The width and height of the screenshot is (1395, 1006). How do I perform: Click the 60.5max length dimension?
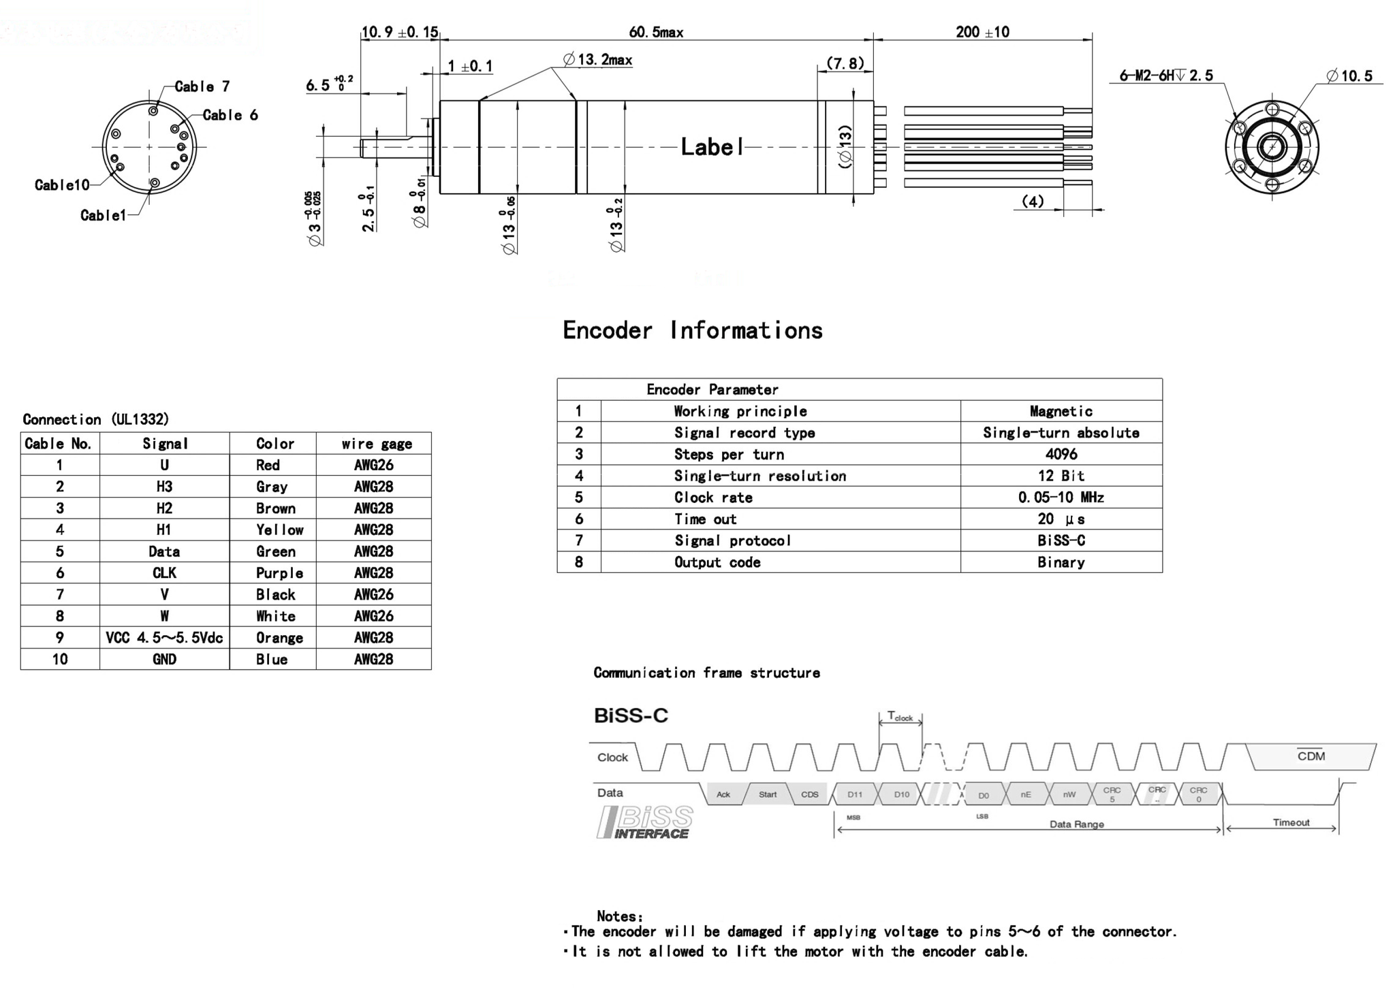click(655, 32)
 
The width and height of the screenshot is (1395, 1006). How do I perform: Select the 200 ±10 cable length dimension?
click(982, 32)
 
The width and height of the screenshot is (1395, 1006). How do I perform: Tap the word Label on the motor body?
click(712, 147)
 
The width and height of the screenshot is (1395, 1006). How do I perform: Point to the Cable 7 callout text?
click(202, 86)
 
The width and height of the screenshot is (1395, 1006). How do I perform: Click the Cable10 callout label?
click(62, 185)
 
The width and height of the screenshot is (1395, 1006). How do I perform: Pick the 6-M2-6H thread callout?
click(1165, 76)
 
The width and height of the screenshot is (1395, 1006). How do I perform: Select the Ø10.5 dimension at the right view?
click(1349, 76)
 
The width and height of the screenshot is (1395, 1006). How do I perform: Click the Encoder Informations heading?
click(692, 331)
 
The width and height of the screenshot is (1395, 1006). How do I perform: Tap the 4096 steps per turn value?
click(1061, 454)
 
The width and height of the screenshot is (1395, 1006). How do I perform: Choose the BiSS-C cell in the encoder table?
click(1061, 540)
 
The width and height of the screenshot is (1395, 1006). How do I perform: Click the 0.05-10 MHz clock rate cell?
click(1061, 498)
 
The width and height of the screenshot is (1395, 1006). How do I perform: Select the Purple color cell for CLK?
click(279, 573)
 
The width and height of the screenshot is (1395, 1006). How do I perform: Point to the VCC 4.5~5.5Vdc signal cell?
click(164, 638)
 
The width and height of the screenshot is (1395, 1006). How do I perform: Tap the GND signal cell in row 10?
click(164, 660)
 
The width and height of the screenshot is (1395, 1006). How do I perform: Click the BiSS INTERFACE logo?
click(645, 822)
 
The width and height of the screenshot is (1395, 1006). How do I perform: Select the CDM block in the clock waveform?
click(1310, 756)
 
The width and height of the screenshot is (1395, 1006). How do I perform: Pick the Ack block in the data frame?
click(723, 794)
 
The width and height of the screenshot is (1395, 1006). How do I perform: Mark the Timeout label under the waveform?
click(1290, 822)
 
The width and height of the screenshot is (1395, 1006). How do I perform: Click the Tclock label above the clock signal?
click(900, 717)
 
